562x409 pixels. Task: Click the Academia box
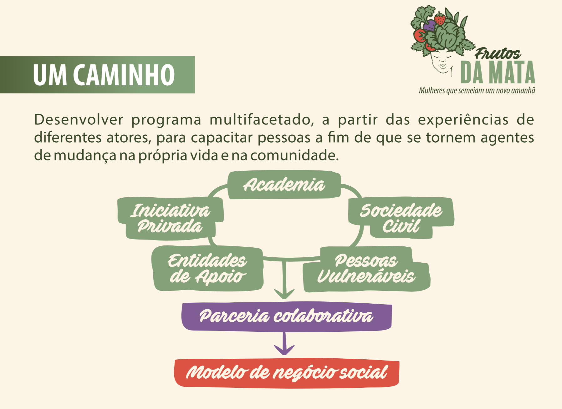click(x=284, y=185)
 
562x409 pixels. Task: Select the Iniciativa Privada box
click(x=171, y=218)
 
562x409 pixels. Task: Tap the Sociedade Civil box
click(x=401, y=218)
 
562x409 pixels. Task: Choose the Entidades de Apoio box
click(x=207, y=269)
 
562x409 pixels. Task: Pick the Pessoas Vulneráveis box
click(x=366, y=269)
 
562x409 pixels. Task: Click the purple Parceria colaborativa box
click(x=286, y=316)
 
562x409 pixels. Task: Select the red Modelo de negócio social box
click(x=287, y=373)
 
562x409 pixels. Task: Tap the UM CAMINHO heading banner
click(x=97, y=75)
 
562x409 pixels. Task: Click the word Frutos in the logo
click(x=498, y=54)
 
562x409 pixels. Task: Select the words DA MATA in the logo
click(x=498, y=73)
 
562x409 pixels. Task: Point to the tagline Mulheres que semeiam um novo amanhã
click(x=477, y=91)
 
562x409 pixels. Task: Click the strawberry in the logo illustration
click(x=440, y=19)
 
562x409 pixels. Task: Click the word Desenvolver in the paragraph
click(x=79, y=120)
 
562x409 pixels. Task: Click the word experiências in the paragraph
click(x=463, y=120)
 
